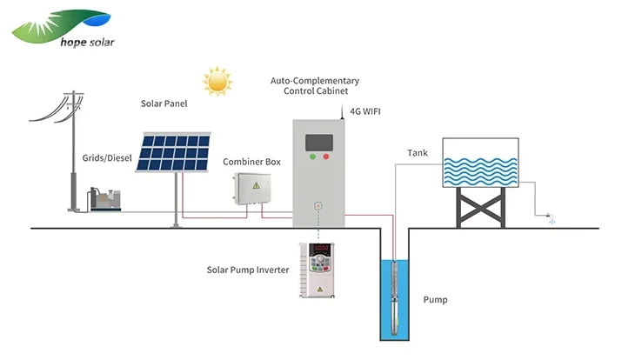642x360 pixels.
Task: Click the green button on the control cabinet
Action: (x=312, y=157)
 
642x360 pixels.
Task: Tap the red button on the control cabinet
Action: (x=326, y=157)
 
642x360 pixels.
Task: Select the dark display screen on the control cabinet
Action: (x=319, y=143)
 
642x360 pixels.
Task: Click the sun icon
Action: (x=217, y=82)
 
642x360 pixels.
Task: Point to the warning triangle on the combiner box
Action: (x=257, y=186)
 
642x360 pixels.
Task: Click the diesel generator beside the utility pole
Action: (x=105, y=199)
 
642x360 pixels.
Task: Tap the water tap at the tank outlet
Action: (x=551, y=217)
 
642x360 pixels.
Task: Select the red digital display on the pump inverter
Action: (x=321, y=249)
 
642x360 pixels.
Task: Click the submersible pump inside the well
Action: (x=394, y=297)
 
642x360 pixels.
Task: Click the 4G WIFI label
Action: (x=365, y=111)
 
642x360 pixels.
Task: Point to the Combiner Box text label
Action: (x=251, y=162)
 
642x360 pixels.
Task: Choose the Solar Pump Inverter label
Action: (x=248, y=270)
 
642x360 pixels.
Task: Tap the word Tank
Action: (x=418, y=153)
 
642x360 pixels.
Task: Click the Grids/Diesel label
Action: (x=107, y=158)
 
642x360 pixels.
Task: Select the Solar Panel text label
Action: (x=164, y=103)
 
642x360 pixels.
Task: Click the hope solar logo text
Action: (x=87, y=42)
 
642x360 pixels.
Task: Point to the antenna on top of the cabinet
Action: (x=342, y=111)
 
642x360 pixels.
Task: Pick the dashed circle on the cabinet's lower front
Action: (x=318, y=206)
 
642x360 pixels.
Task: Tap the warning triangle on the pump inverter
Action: (x=320, y=290)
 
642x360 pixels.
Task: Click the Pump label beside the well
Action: (x=435, y=300)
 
